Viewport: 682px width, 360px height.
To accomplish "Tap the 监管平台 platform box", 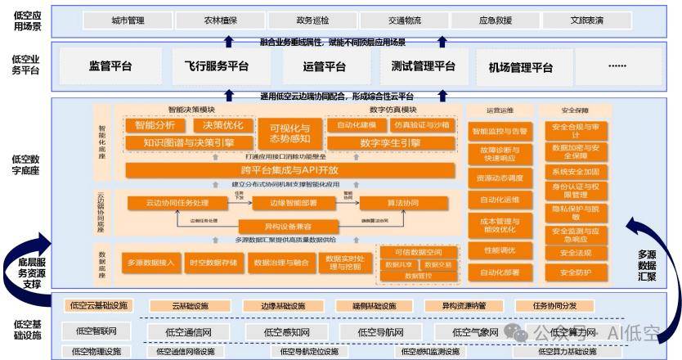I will pos(110,66).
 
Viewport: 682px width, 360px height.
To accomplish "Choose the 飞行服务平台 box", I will pos(211,66).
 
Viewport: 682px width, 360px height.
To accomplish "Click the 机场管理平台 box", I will pos(521,67).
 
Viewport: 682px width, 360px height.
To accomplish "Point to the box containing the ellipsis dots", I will pos(617,66).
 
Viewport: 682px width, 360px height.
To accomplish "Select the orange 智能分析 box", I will pos(155,126).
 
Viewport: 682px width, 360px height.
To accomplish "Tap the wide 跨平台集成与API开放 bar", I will pos(290,170).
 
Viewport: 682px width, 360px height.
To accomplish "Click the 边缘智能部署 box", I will pos(285,203).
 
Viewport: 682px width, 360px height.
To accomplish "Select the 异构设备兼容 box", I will pos(287,225).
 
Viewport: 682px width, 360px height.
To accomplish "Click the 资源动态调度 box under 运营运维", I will pos(500,178).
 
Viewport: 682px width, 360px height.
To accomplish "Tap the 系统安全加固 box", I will pos(576,172).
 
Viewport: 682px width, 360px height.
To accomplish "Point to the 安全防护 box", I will pos(576,272).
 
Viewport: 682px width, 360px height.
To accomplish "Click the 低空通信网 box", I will pos(189,332).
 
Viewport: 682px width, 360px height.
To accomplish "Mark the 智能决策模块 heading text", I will pos(191,110).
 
